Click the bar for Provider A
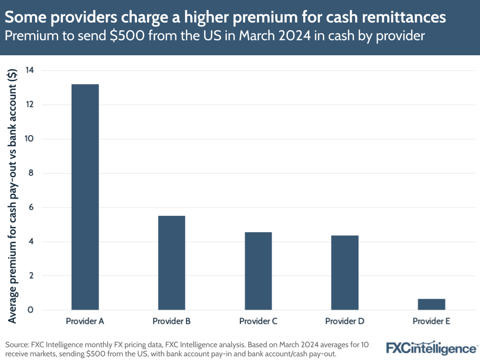click(85, 197)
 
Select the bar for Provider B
click(172, 263)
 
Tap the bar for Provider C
click(258, 271)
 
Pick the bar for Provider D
click(345, 273)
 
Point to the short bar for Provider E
click(431, 305)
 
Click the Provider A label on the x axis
click(85, 321)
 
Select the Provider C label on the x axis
click(258, 321)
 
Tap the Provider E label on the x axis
click(431, 321)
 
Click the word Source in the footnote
click(17, 344)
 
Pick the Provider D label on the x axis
click(345, 321)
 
